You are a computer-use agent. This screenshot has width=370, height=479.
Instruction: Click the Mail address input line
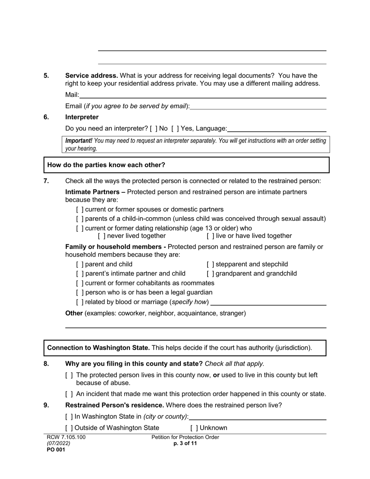203,95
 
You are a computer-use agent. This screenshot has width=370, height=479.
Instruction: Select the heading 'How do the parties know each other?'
106,165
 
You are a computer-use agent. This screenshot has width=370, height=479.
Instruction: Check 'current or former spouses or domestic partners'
80,210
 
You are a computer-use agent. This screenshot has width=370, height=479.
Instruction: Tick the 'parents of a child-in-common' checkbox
80,219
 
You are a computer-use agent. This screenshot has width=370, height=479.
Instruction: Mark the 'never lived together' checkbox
102,236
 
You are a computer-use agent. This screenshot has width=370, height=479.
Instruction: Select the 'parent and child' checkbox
80,264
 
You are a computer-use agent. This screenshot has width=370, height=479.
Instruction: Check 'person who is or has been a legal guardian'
80,292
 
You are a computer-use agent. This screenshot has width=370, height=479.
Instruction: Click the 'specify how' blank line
268,302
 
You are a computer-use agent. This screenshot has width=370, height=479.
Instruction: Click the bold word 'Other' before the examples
74,313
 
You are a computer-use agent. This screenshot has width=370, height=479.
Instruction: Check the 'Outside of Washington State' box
69,428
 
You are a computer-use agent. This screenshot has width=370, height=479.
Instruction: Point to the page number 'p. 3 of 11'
185,444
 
